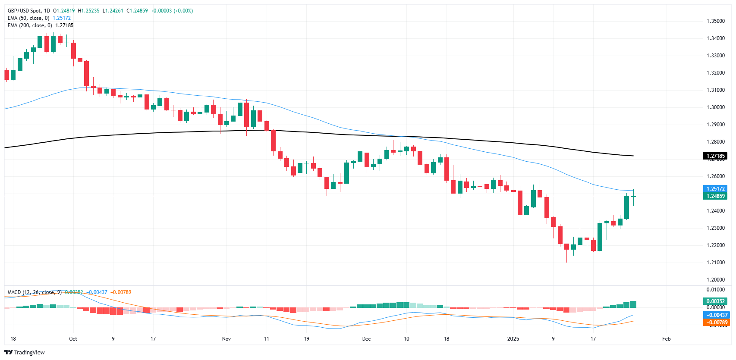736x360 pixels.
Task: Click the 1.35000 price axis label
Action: (715, 21)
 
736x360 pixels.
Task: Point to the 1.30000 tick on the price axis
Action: (715, 107)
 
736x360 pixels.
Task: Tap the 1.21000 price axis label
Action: (715, 263)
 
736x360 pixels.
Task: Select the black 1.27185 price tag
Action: (715, 156)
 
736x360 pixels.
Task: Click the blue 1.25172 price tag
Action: (715, 189)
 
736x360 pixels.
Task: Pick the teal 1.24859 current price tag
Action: (715, 196)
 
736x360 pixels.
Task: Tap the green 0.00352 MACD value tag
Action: (715, 301)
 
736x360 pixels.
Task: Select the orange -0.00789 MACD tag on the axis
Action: (715, 322)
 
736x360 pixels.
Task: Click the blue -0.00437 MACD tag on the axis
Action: (715, 315)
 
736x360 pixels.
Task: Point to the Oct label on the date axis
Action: (73, 339)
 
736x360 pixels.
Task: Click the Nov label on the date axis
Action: (226, 339)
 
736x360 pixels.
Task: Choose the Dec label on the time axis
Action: (366, 339)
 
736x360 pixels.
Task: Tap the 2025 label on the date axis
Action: (513, 339)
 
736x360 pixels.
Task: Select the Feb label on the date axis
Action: (667, 339)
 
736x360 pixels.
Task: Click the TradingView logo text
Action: (29, 353)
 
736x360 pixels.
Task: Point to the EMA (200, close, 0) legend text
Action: (30, 25)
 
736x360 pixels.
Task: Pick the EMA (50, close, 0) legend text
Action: (28, 18)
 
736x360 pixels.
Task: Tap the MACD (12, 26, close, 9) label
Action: (35, 292)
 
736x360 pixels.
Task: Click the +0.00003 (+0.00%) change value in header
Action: (172, 11)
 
